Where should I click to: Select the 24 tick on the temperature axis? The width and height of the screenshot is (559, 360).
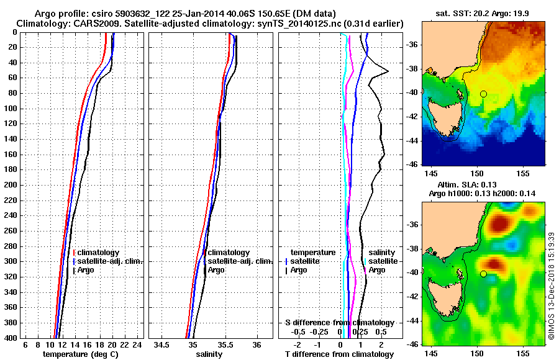[138, 344]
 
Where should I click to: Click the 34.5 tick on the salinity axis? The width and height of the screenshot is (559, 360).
[163, 344]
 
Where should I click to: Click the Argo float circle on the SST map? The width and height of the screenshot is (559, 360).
[483, 94]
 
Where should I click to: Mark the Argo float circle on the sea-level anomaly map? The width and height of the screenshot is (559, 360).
[483, 274]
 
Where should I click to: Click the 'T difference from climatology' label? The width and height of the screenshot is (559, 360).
[339, 354]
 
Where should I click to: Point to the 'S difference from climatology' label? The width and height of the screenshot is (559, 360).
[339, 323]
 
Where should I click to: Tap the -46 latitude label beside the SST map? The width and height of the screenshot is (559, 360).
[412, 164]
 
